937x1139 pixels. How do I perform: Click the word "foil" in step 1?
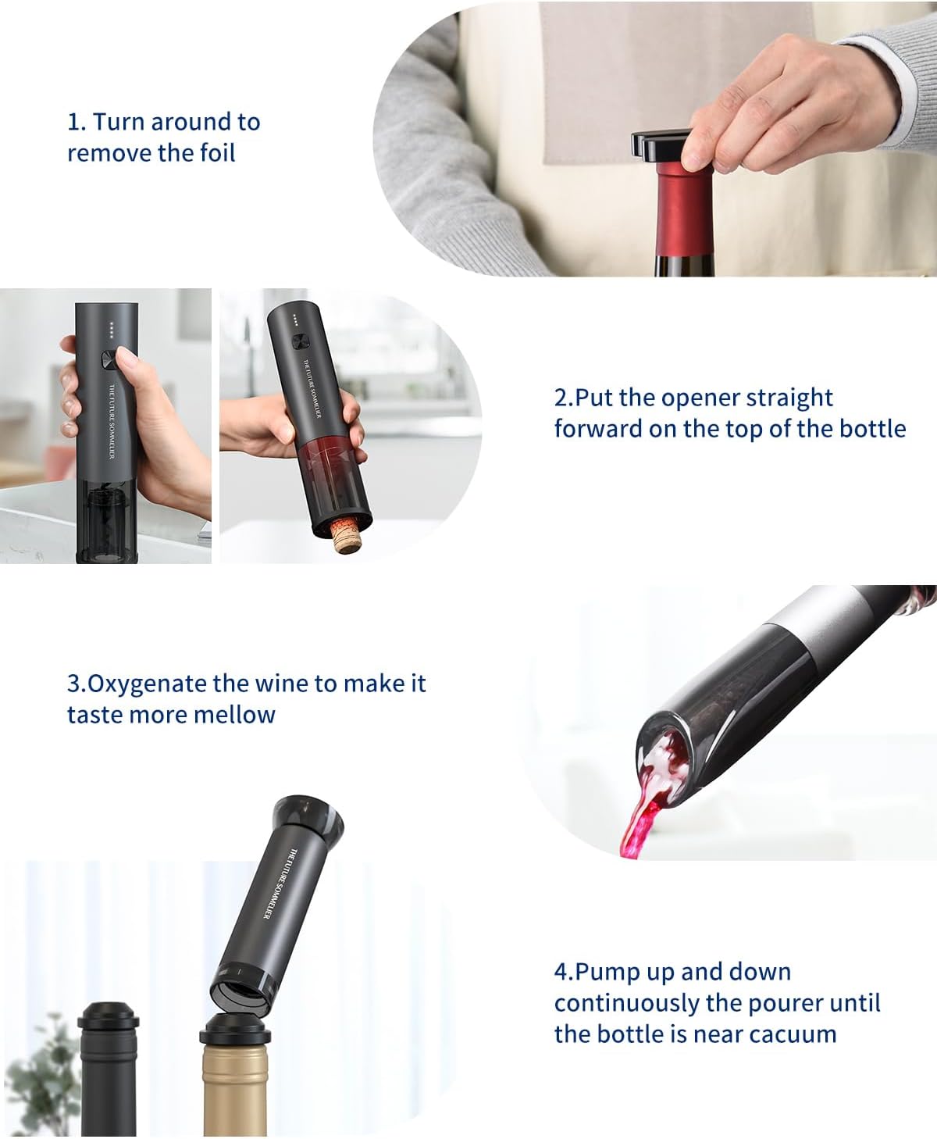(216, 153)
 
